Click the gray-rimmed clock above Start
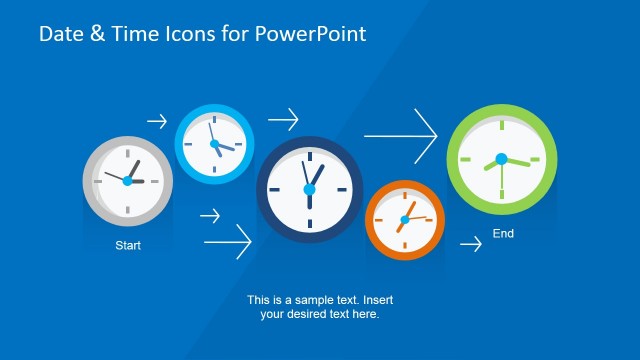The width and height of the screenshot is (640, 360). click(x=127, y=181)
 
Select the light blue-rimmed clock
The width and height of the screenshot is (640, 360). click(x=215, y=143)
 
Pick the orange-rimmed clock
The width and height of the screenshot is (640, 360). click(x=404, y=220)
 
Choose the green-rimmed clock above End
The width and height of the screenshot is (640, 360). click(x=500, y=160)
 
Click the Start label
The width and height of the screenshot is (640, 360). click(x=128, y=245)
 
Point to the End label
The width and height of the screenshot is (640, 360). click(x=503, y=234)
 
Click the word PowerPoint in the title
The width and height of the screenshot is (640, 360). click(x=311, y=35)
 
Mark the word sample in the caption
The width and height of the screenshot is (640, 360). click(x=311, y=300)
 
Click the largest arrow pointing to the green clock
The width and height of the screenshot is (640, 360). click(x=401, y=134)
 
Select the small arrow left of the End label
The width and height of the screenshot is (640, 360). click(x=470, y=243)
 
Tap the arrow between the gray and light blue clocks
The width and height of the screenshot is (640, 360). click(x=157, y=122)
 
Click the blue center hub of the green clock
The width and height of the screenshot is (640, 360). click(x=501, y=159)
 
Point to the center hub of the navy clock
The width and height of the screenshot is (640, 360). click(x=309, y=189)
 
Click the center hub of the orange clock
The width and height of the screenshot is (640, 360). click(x=405, y=219)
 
